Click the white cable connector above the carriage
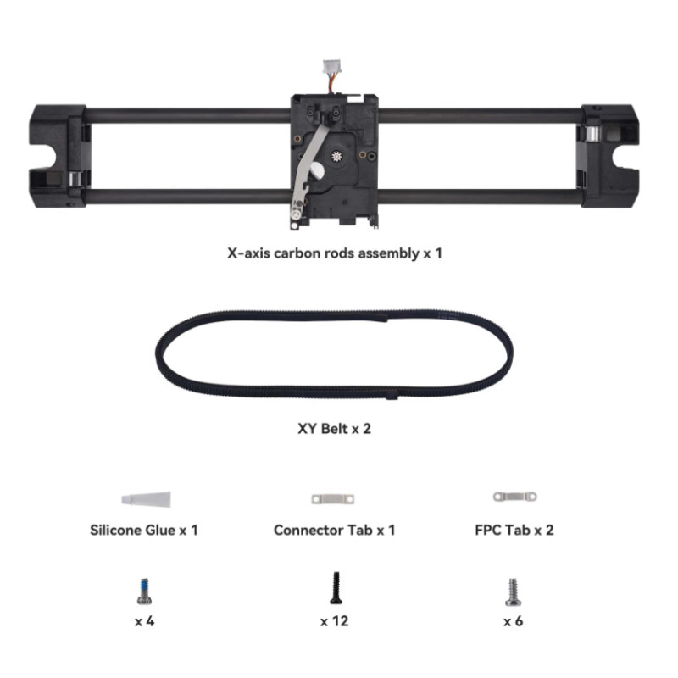(331, 67)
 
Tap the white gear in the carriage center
(336, 156)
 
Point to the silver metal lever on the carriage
(308, 172)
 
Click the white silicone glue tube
(146, 499)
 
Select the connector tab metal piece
(332, 499)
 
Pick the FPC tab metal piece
(515, 497)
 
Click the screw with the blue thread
(144, 591)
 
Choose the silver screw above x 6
(514, 592)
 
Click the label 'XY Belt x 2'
(334, 429)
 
